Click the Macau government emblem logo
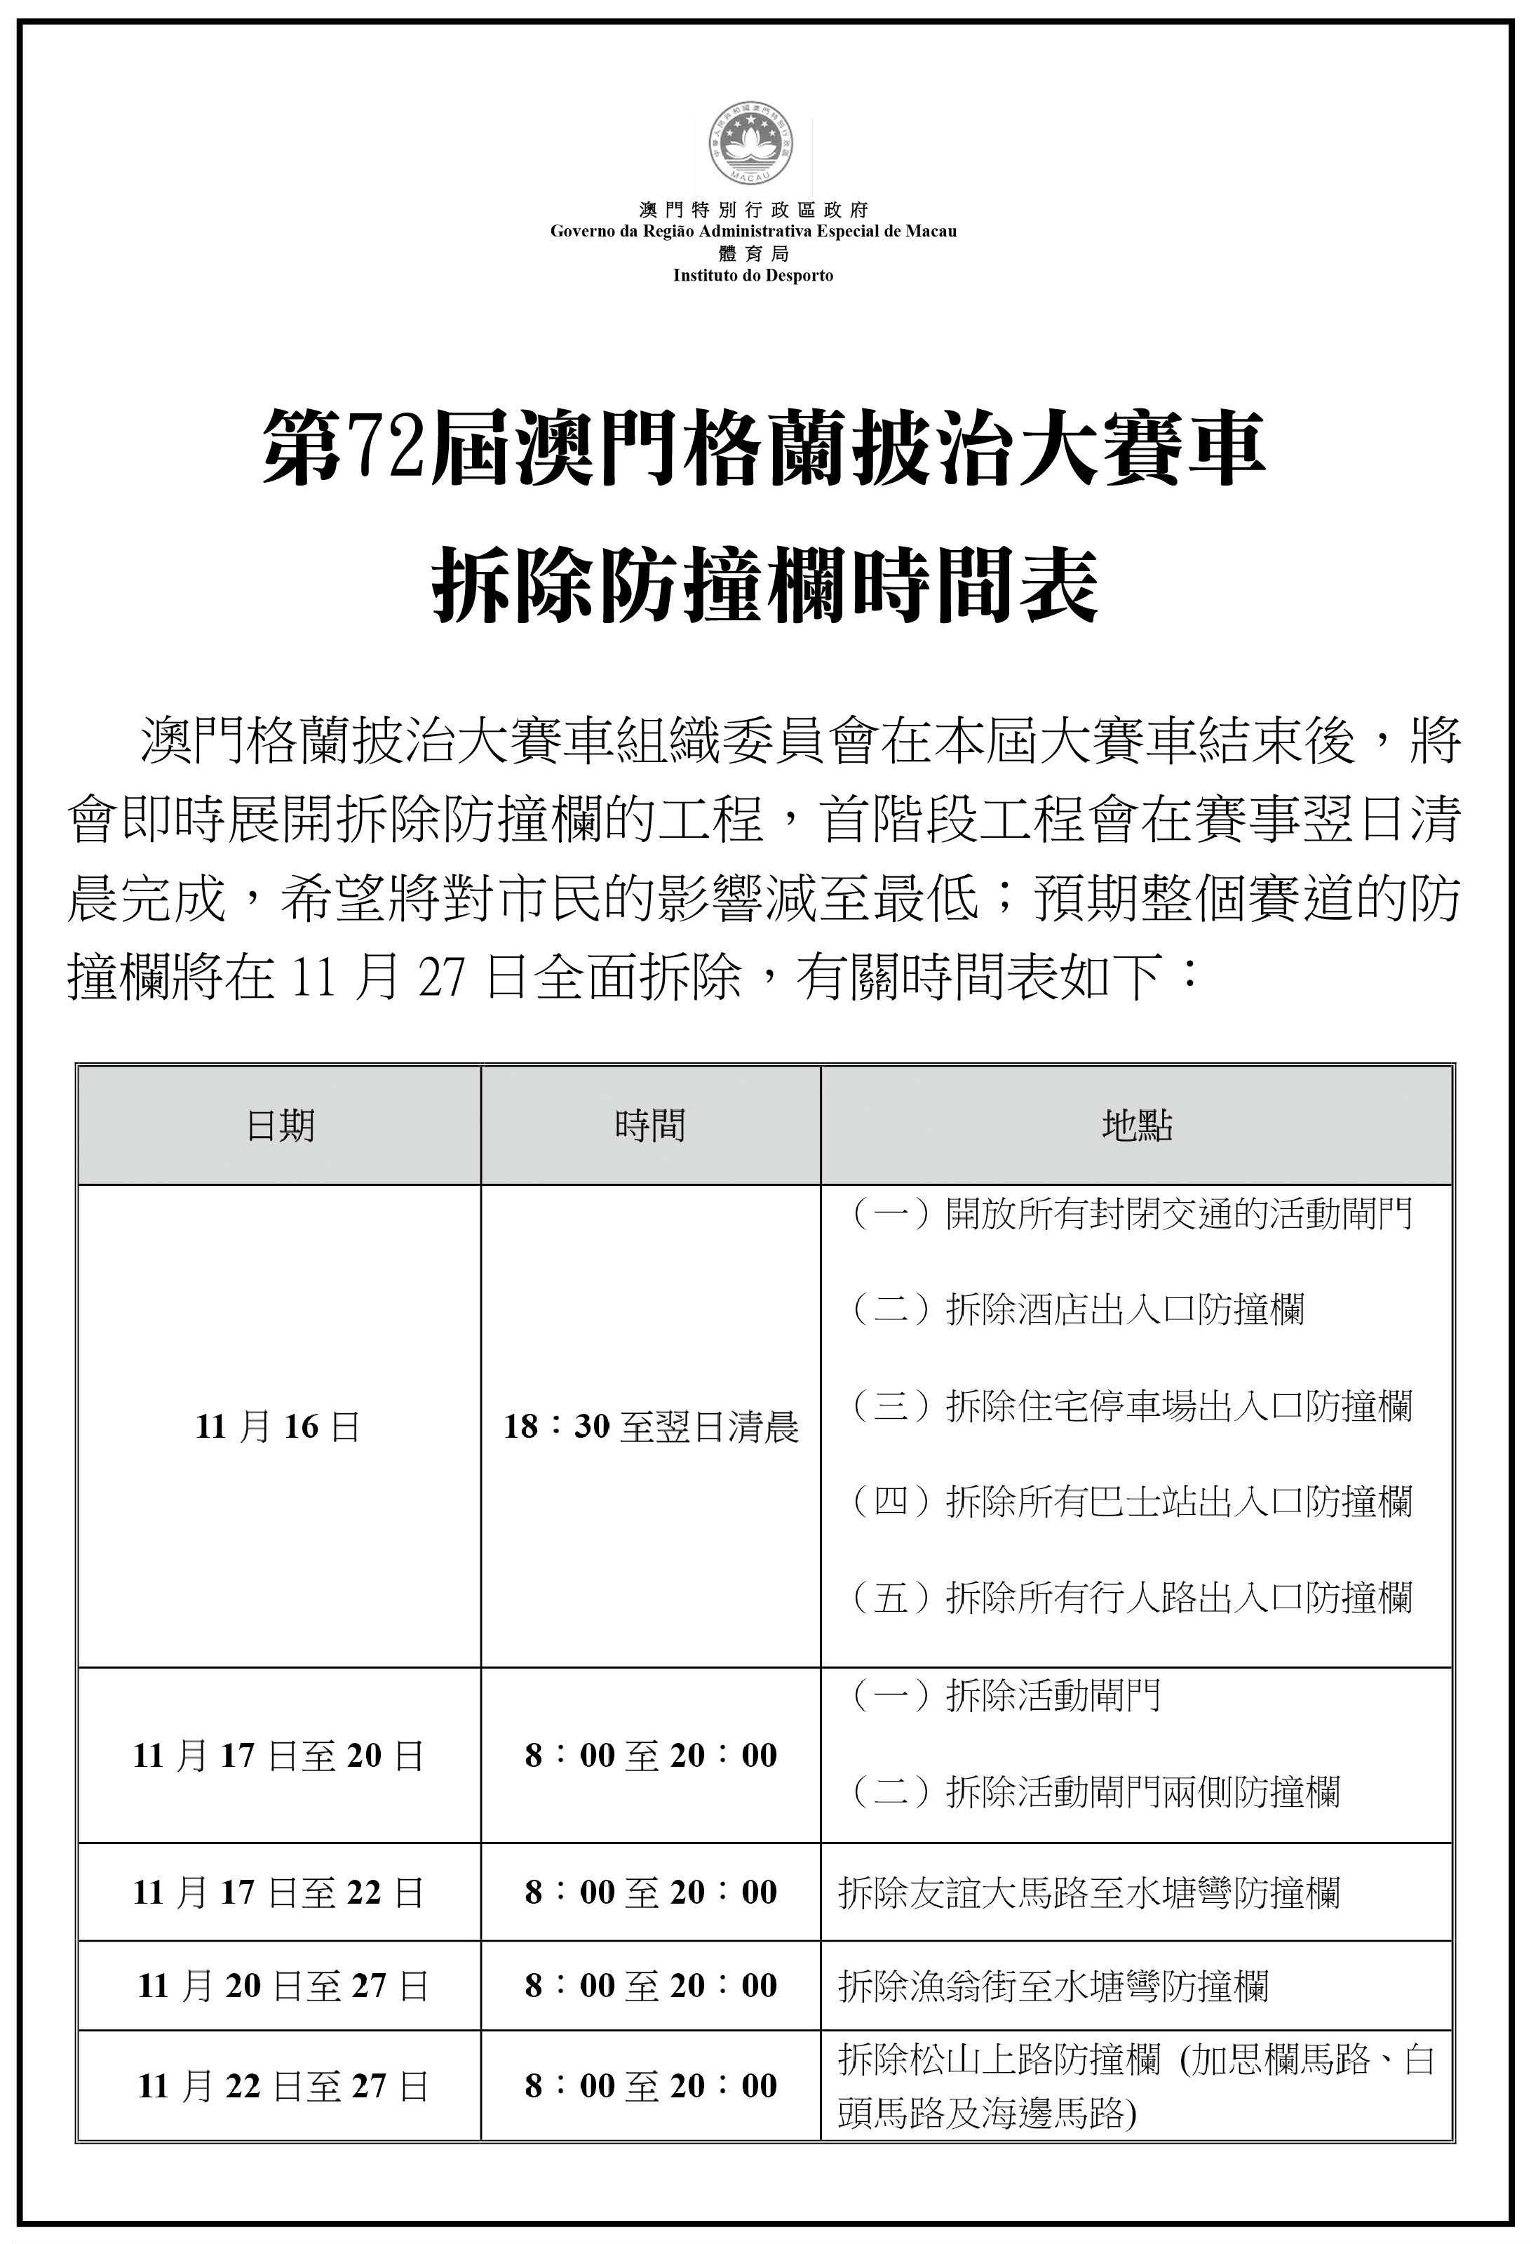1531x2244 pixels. tap(753, 148)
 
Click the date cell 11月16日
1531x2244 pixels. tap(278, 1427)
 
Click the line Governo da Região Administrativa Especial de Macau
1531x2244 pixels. tap(753, 232)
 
